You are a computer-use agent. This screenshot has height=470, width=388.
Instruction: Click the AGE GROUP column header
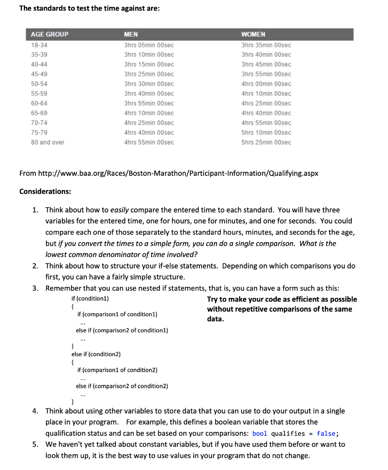[x=50, y=34]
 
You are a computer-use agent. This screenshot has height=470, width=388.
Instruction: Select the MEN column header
[x=131, y=34]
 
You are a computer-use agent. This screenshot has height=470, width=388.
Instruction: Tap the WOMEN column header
[x=253, y=34]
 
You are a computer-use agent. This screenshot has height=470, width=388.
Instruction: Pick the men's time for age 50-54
[x=149, y=84]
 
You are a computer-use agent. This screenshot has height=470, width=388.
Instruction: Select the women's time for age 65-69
[x=266, y=113]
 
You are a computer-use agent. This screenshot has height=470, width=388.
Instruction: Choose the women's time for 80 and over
[x=266, y=142]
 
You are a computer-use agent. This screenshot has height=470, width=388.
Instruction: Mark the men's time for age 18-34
[x=149, y=45]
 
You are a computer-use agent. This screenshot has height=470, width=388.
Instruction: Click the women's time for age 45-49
[x=266, y=74]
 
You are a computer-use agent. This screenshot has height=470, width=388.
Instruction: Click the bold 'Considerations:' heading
[x=45, y=191]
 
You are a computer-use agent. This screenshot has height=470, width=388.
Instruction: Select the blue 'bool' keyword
[x=259, y=433]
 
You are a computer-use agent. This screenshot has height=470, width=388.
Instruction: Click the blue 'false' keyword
[x=326, y=433]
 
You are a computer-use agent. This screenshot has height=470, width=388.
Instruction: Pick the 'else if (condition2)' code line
[x=96, y=354]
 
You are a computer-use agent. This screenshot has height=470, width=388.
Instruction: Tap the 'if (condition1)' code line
[x=90, y=299]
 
